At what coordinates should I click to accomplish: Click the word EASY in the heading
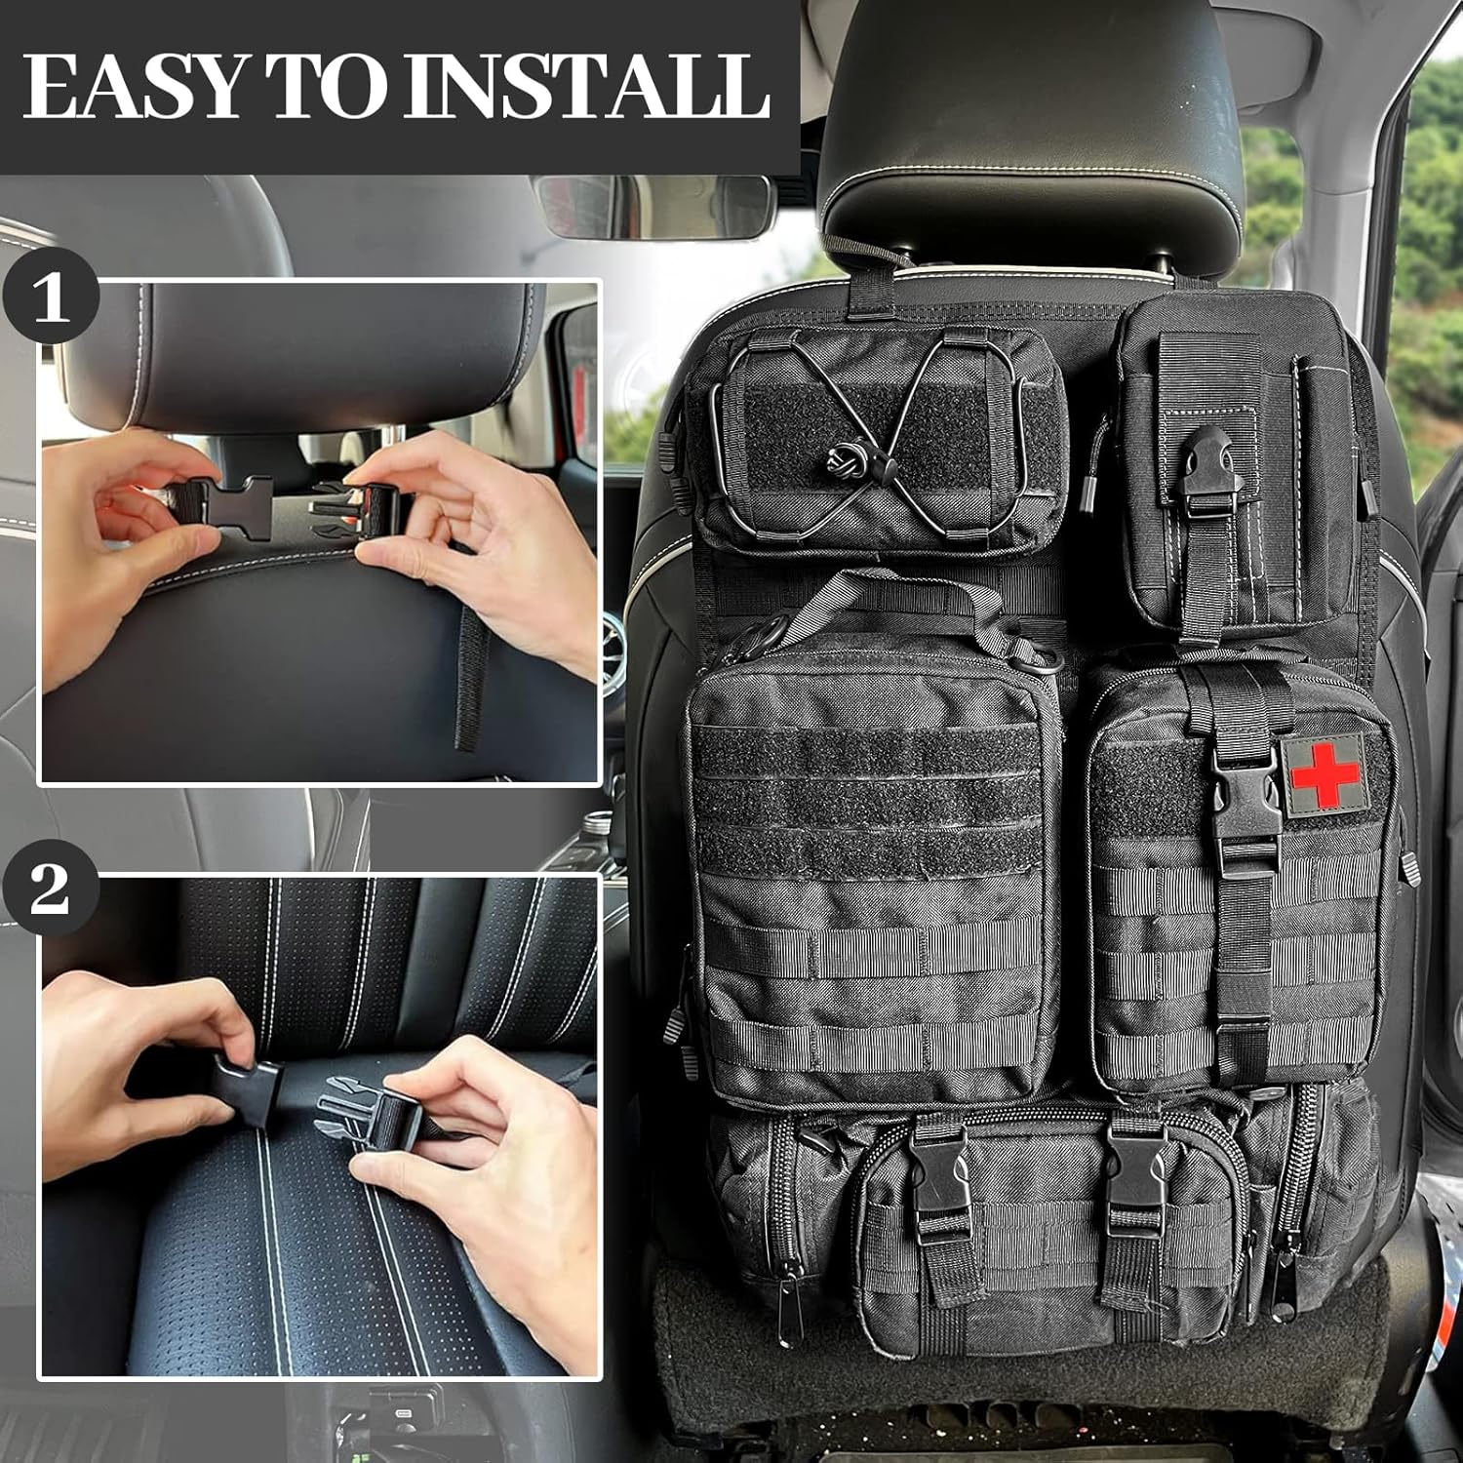click(132, 86)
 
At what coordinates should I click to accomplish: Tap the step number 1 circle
click(51, 297)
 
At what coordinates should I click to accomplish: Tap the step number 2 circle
click(51, 889)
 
